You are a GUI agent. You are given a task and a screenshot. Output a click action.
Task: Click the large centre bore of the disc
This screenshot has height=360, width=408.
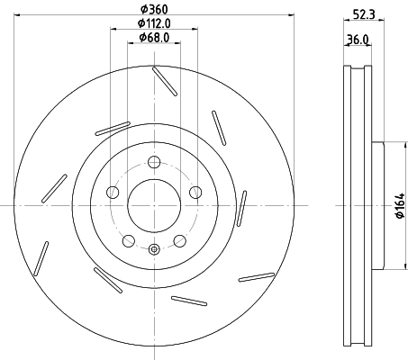coord(154,204)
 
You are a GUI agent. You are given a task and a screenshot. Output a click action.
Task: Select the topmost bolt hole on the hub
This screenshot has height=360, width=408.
coord(154,162)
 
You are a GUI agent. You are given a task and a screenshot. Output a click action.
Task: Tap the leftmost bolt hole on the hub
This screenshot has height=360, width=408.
coord(113,192)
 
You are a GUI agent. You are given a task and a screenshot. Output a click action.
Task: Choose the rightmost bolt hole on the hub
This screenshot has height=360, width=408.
coord(195,192)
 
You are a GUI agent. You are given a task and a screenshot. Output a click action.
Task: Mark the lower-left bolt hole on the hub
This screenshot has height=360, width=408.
coord(129,240)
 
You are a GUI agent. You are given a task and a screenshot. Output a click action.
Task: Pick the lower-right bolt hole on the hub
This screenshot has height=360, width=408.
coord(179,240)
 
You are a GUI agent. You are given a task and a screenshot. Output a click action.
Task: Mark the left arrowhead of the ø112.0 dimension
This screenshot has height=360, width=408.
coord(113,29)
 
